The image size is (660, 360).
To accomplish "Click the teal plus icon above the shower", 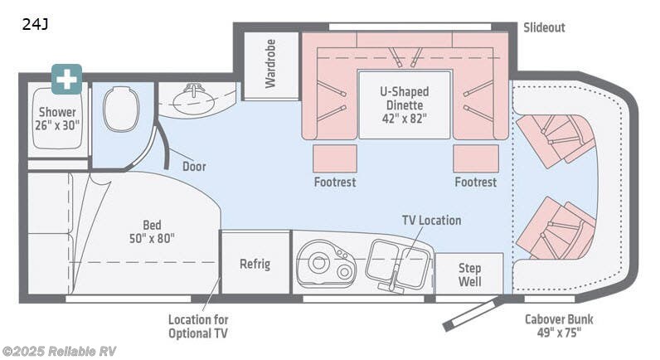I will pos(66,79).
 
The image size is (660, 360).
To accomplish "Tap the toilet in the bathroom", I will pos(122,108).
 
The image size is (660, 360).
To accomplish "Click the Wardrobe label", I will pos(270,63).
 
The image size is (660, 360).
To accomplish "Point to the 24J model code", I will pos(35,24).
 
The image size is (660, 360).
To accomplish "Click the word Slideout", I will pos(544,27).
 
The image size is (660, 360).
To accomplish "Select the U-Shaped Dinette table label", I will pos(405,105).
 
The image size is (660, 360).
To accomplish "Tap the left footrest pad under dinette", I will pos(335,158).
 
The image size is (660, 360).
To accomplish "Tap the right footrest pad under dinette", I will pos(475,158).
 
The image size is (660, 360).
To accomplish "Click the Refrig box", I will pos(255,264).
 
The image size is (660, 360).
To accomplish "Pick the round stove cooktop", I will pos(319,262).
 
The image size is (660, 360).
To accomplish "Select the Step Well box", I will pos(469,274).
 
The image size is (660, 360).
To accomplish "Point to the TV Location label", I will pos(431,220).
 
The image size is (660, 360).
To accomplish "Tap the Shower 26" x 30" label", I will pos(57,119).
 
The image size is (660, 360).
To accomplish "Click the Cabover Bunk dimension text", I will pos(559,326).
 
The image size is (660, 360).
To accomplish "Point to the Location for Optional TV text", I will pos(198,326).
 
